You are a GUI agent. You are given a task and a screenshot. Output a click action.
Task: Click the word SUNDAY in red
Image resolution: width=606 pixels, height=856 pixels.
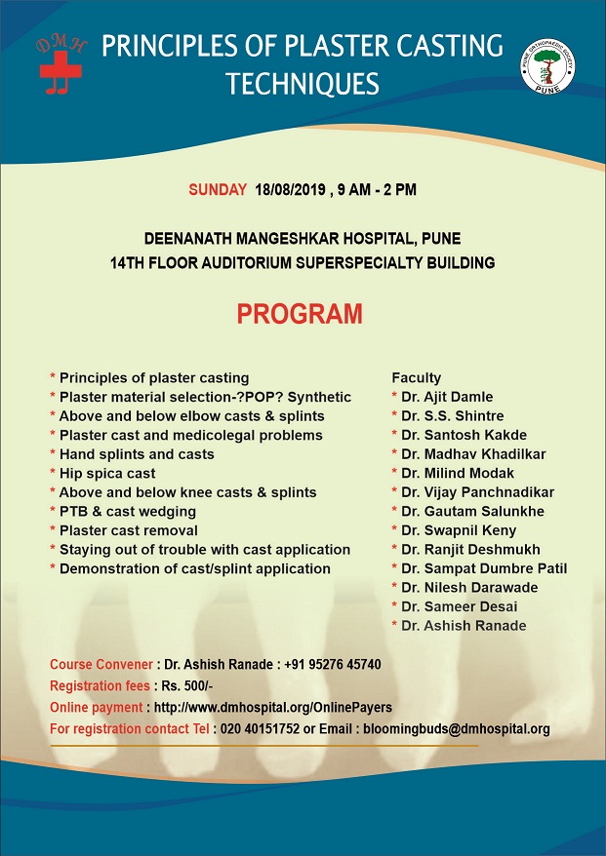click(218, 189)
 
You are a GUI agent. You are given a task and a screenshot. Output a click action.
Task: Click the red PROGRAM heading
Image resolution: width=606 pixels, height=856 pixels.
click(301, 315)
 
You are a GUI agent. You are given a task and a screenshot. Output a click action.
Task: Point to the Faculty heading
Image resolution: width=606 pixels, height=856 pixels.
click(417, 377)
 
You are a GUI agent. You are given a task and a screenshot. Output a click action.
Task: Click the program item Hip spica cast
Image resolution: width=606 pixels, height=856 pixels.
click(107, 473)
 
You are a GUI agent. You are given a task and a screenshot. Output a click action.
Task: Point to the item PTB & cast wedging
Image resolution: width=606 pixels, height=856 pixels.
click(128, 511)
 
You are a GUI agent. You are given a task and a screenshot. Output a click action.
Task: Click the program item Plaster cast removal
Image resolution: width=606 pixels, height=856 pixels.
click(129, 530)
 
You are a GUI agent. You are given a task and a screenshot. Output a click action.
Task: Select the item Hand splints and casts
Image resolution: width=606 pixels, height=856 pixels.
click(137, 454)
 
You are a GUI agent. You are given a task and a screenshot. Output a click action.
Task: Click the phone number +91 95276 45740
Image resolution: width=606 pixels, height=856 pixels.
click(334, 665)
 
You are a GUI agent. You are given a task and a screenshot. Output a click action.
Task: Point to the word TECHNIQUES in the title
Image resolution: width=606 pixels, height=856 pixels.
click(303, 85)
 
